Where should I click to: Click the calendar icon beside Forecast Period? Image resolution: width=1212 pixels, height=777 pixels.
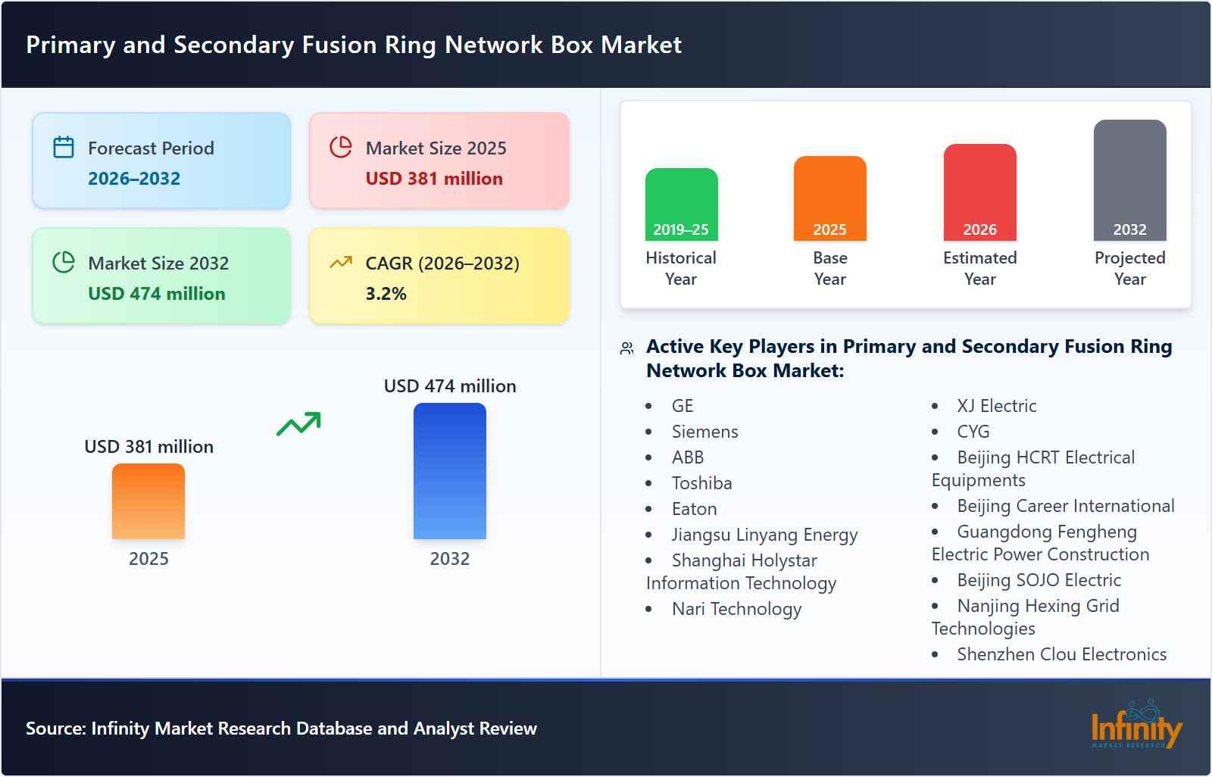(64, 147)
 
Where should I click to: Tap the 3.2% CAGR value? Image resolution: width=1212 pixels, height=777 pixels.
(386, 294)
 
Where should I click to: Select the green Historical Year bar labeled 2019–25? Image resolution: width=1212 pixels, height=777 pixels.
(681, 204)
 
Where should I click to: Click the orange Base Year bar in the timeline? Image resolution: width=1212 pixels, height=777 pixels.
(829, 198)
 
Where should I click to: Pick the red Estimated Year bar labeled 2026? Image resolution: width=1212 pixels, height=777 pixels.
(979, 192)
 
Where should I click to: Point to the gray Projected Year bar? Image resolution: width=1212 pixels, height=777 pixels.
(1129, 180)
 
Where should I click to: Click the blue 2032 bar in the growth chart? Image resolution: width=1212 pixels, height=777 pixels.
(449, 471)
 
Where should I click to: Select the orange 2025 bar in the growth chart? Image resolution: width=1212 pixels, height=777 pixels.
(148, 501)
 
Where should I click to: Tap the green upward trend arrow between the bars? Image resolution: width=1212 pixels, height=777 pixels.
(298, 424)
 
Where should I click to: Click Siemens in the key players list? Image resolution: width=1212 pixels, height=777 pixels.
(704, 432)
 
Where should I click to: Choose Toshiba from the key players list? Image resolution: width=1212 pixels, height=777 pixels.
(701, 483)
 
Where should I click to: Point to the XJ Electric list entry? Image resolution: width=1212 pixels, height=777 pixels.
(996, 406)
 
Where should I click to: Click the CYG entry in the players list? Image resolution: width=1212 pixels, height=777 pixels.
(973, 432)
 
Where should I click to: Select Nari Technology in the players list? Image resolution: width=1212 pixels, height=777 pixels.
(736, 609)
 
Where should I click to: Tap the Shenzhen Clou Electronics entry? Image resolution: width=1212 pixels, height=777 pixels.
(1061, 654)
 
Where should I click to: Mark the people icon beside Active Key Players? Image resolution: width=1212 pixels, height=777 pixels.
(626, 348)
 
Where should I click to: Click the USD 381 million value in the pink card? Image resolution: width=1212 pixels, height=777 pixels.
(434, 179)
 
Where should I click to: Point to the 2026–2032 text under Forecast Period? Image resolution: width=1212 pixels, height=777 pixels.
(134, 179)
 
